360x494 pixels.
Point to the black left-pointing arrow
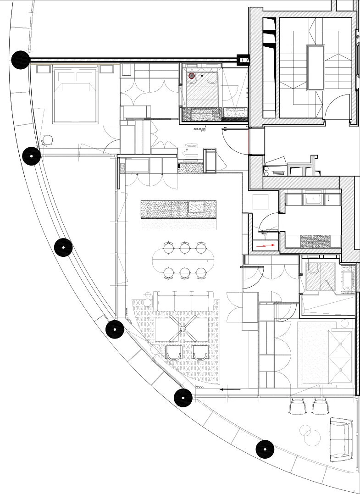(x=230, y=389)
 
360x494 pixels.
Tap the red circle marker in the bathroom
(x=192, y=76)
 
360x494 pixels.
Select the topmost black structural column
(x=21, y=60)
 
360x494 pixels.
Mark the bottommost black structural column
(x=265, y=449)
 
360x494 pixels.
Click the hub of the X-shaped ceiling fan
(x=183, y=328)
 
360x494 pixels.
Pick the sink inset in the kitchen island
(x=196, y=207)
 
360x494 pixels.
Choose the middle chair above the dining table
(x=185, y=248)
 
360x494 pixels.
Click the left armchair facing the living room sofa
(x=173, y=352)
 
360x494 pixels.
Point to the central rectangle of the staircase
(x=316, y=67)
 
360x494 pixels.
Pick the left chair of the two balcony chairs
(x=298, y=406)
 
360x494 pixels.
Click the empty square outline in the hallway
(x=260, y=202)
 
